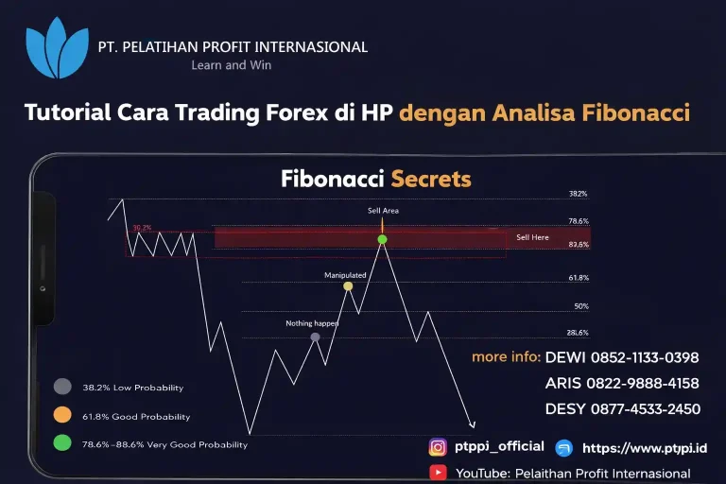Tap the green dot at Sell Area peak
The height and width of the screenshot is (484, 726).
click(x=382, y=239)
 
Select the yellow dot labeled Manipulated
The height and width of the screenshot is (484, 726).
click(x=348, y=285)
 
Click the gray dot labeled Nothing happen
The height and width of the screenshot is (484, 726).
click(x=315, y=337)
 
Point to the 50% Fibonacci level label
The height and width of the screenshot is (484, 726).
click(x=581, y=306)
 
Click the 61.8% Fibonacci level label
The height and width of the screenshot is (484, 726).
click(x=579, y=278)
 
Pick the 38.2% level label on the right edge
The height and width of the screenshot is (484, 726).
click(x=578, y=194)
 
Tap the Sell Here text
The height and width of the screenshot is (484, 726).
click(x=532, y=237)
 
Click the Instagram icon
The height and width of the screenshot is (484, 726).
click(x=438, y=447)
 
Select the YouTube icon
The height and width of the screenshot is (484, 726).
click(x=438, y=473)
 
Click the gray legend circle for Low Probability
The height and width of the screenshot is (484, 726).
click(x=62, y=386)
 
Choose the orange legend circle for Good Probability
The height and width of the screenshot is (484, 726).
click(x=62, y=414)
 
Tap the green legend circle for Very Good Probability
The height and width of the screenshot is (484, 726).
click(x=62, y=442)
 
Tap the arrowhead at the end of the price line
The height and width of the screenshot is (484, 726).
click(x=473, y=425)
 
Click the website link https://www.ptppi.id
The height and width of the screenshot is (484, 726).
click(x=645, y=448)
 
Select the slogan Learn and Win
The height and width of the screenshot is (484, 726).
click(x=233, y=65)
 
